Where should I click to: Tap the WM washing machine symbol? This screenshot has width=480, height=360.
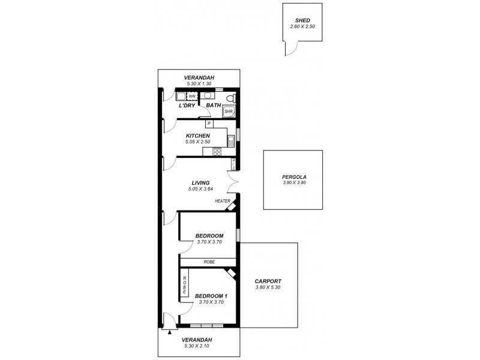pyautogui.click(x=192, y=96)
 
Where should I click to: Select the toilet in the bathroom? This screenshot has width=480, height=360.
pyautogui.click(x=233, y=98)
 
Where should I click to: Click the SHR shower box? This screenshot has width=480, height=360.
pyautogui.click(x=229, y=112)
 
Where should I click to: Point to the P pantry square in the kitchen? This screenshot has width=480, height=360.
pyautogui.click(x=209, y=124)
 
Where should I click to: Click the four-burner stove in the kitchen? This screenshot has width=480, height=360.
pyautogui.click(x=217, y=152)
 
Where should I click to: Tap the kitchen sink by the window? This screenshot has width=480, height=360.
pyautogui.click(x=230, y=142)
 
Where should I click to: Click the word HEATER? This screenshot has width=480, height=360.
pyautogui.click(x=223, y=201)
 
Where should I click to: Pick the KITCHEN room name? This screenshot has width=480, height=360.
pyautogui.click(x=197, y=136)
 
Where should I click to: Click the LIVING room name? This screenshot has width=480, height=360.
pyautogui.click(x=200, y=183)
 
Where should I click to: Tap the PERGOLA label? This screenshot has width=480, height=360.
pyautogui.click(x=294, y=176)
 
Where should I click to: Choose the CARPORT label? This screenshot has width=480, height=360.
pyautogui.click(x=268, y=281)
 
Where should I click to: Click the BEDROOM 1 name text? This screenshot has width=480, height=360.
pyautogui.click(x=211, y=296)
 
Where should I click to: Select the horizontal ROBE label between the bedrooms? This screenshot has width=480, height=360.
pyautogui.click(x=209, y=262)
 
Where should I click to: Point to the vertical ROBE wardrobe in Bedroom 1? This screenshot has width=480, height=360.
pyautogui.click(x=185, y=284)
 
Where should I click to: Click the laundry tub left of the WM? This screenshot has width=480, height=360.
pyautogui.click(x=181, y=95)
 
